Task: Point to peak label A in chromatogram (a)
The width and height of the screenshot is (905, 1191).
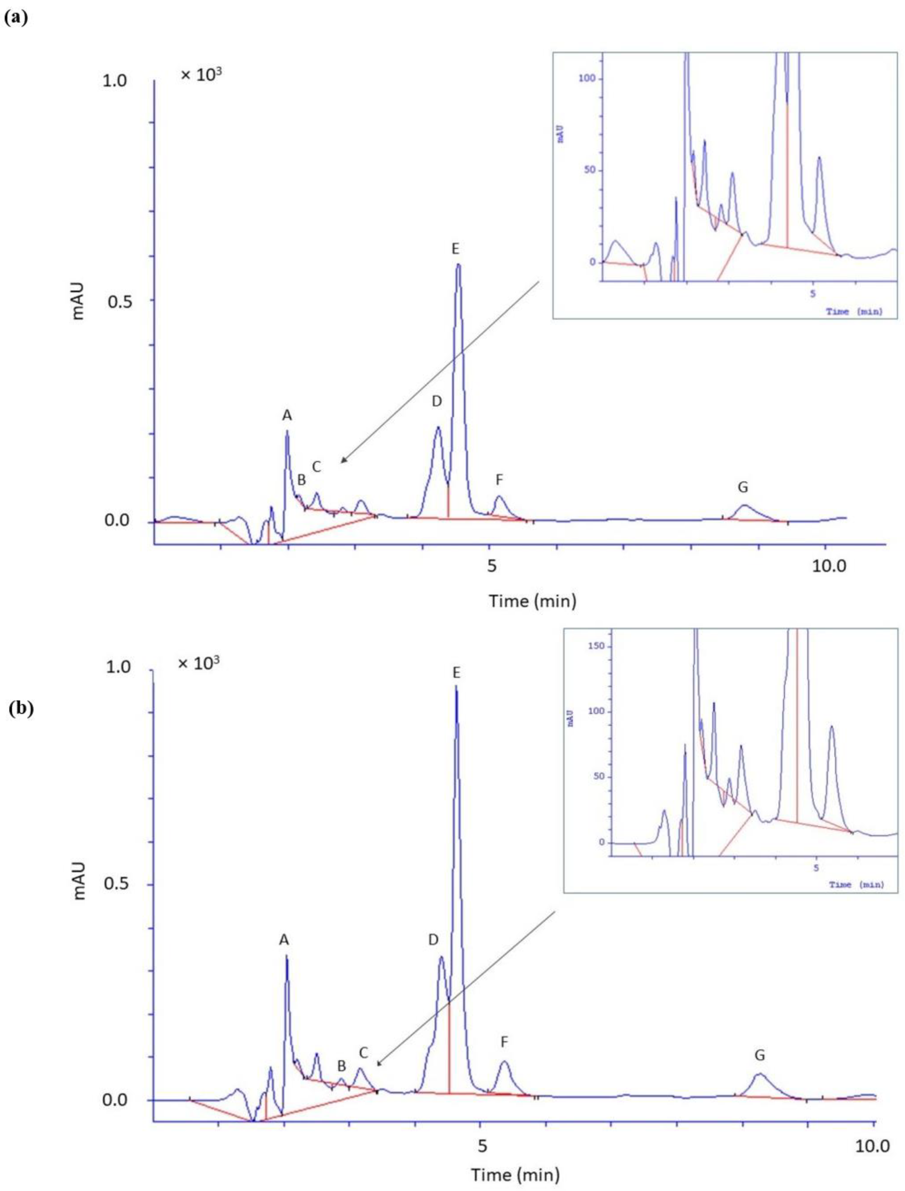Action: pos(287,415)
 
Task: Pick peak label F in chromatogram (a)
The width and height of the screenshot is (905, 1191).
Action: pos(499,479)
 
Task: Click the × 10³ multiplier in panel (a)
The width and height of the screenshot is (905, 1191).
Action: pos(201,75)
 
